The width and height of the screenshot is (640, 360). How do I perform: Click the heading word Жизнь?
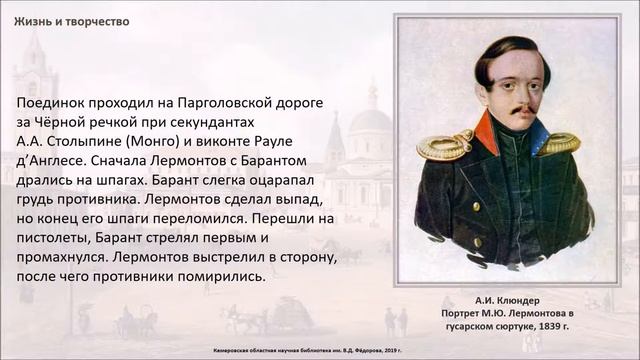(31, 21)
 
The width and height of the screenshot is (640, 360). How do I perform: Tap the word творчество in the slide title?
(96, 21)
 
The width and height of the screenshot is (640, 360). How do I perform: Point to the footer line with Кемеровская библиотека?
(320, 351)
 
